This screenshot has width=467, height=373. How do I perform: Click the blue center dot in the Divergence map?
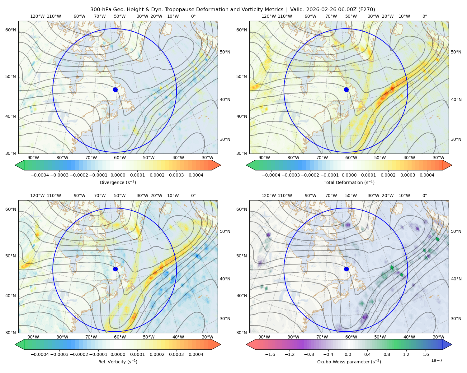click(x=115, y=90)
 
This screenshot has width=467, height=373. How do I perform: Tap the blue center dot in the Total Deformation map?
click(x=346, y=90)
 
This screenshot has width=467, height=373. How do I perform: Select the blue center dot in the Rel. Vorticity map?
click(x=115, y=269)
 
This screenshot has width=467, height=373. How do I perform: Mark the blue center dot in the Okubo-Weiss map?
click(x=346, y=269)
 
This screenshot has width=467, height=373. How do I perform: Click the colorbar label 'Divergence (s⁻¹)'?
click(x=118, y=182)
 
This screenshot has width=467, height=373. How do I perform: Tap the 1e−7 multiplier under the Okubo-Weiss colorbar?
click(x=436, y=360)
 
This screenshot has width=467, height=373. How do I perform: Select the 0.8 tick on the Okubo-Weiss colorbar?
click(x=387, y=354)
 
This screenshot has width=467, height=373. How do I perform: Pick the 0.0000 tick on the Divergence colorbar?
click(x=118, y=175)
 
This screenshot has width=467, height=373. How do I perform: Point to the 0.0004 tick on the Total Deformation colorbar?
click(x=427, y=175)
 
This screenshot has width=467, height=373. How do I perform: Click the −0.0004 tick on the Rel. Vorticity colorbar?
click(x=40, y=354)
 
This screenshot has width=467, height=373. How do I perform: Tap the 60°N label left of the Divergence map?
click(x=11, y=30)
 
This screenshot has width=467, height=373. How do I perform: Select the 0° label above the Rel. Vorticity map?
click(x=193, y=196)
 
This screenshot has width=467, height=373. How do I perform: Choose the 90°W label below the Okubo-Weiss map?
click(x=264, y=337)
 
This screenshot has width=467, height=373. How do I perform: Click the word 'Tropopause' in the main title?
click(x=182, y=10)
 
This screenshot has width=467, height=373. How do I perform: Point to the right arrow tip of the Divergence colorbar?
click(x=220, y=165)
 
